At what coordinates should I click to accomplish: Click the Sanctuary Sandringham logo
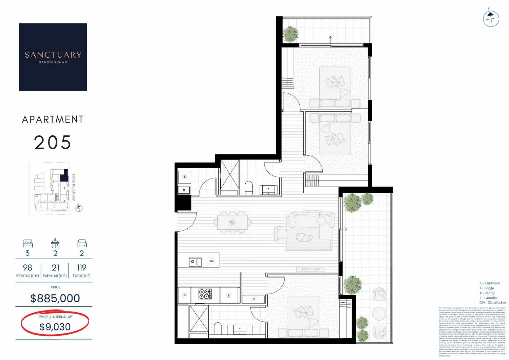click(x=53, y=57)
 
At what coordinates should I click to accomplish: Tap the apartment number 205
click(x=53, y=143)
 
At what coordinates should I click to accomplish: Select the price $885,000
click(x=55, y=298)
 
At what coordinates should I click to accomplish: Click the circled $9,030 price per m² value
click(x=55, y=327)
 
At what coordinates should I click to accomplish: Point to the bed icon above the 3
click(x=27, y=243)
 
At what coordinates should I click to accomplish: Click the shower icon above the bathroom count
click(x=55, y=243)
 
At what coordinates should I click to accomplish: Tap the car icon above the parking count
click(x=82, y=243)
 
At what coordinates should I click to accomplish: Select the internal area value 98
click(x=27, y=268)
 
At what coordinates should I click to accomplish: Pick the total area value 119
click(x=81, y=268)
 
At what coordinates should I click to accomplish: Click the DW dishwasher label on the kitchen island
click(x=211, y=261)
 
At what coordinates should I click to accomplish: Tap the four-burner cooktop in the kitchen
click(x=205, y=294)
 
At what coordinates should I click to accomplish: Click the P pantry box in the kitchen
click(x=185, y=295)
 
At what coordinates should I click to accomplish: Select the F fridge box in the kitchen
click(x=229, y=296)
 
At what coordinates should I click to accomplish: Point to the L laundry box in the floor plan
click(x=185, y=176)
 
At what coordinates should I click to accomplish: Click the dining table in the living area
click(x=232, y=223)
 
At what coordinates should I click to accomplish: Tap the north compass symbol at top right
click(x=491, y=19)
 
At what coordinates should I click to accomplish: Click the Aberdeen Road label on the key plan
click(x=74, y=187)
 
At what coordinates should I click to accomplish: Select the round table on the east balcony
click(x=379, y=313)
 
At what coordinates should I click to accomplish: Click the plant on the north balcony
click(x=290, y=34)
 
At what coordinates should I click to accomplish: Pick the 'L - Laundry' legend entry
click(x=488, y=298)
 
